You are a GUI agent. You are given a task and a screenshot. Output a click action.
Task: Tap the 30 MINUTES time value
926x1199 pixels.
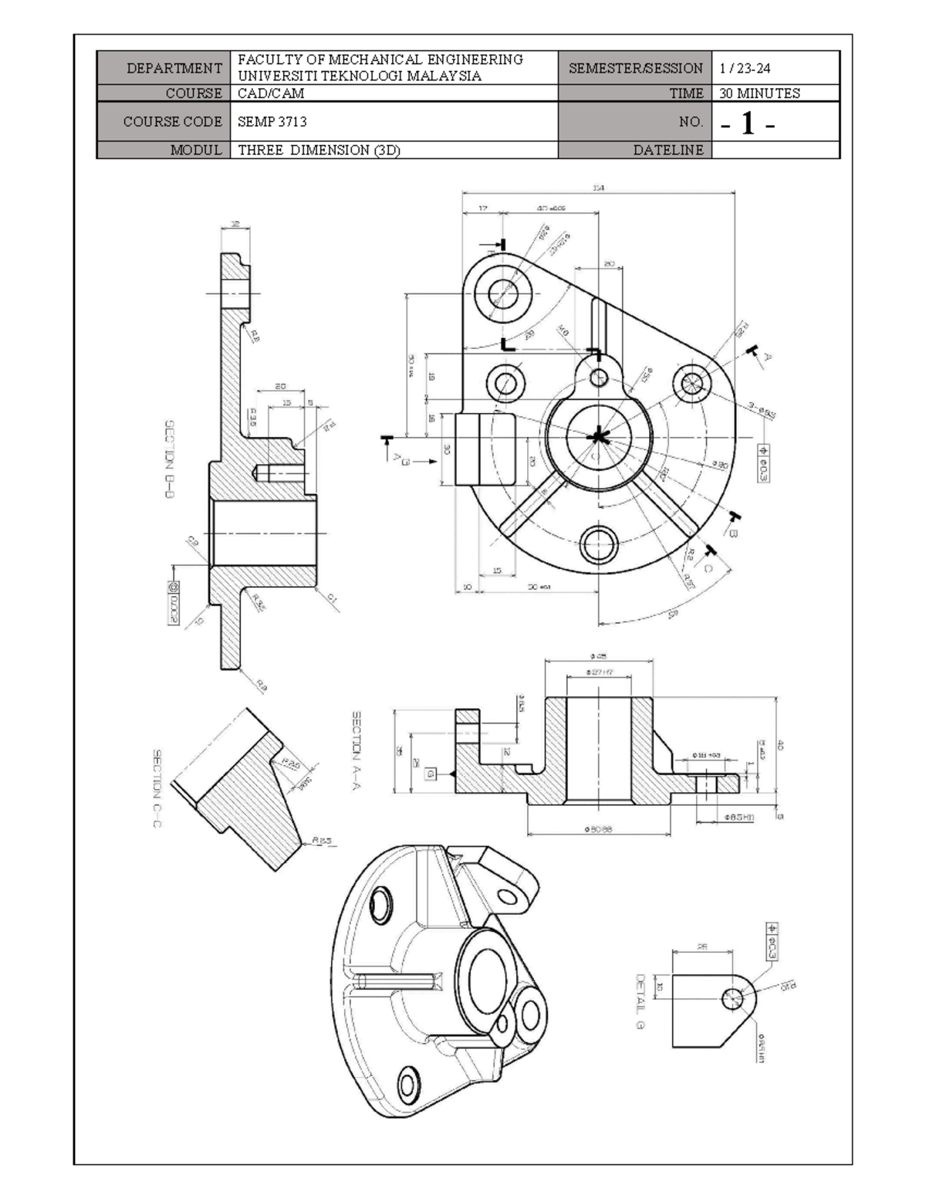(759, 93)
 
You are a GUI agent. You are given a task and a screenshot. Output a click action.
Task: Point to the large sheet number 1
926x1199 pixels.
(747, 123)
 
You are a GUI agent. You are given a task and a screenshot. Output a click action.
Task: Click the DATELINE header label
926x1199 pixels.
(668, 151)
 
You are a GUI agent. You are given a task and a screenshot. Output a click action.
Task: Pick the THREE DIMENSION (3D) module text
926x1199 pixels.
(319, 151)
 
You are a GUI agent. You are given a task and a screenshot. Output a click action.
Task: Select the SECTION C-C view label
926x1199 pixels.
(157, 788)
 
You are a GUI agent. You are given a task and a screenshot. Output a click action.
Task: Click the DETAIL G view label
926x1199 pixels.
(640, 1001)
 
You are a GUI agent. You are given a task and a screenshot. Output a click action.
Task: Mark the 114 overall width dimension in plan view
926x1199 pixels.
(598, 187)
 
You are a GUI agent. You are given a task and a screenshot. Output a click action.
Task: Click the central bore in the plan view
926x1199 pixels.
(596, 438)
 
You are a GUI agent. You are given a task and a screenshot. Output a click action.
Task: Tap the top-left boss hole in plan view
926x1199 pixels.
(507, 294)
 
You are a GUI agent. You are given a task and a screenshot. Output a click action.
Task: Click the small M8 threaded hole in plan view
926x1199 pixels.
(599, 377)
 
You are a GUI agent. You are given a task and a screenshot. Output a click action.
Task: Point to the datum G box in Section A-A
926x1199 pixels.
(430, 773)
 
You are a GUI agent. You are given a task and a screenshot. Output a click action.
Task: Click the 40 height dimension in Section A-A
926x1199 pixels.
(780, 745)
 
